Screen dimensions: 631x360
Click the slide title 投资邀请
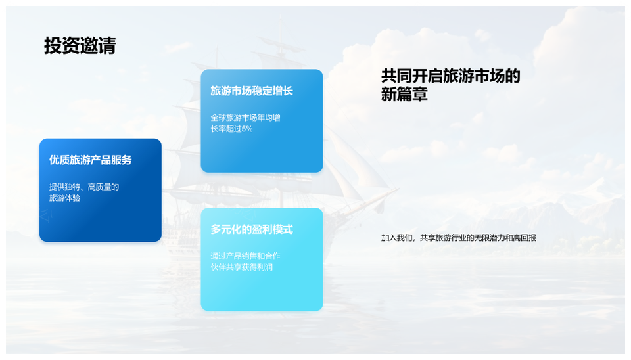pos(80,45)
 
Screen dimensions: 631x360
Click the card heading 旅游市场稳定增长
pos(252,91)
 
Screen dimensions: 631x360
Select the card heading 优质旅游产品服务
pos(91,160)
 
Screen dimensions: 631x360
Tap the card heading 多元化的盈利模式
pos(252,230)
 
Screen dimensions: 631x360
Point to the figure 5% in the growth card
pos(247,129)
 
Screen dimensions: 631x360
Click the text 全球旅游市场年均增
pos(245,118)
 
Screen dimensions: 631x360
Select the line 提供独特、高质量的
pos(84,187)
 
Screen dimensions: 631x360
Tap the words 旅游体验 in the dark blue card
pos(65,198)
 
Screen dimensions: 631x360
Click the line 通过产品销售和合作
pos(245,256)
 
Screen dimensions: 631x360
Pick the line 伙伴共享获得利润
pos(241,267)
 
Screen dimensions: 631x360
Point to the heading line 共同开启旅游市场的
pos(451,76)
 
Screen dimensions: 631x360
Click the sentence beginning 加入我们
pos(459,238)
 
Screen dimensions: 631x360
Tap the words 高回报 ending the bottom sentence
pos(525,238)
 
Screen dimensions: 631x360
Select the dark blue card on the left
pos(101,191)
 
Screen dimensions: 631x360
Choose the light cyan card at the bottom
pos(262,259)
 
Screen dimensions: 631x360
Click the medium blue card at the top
pos(262,121)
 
